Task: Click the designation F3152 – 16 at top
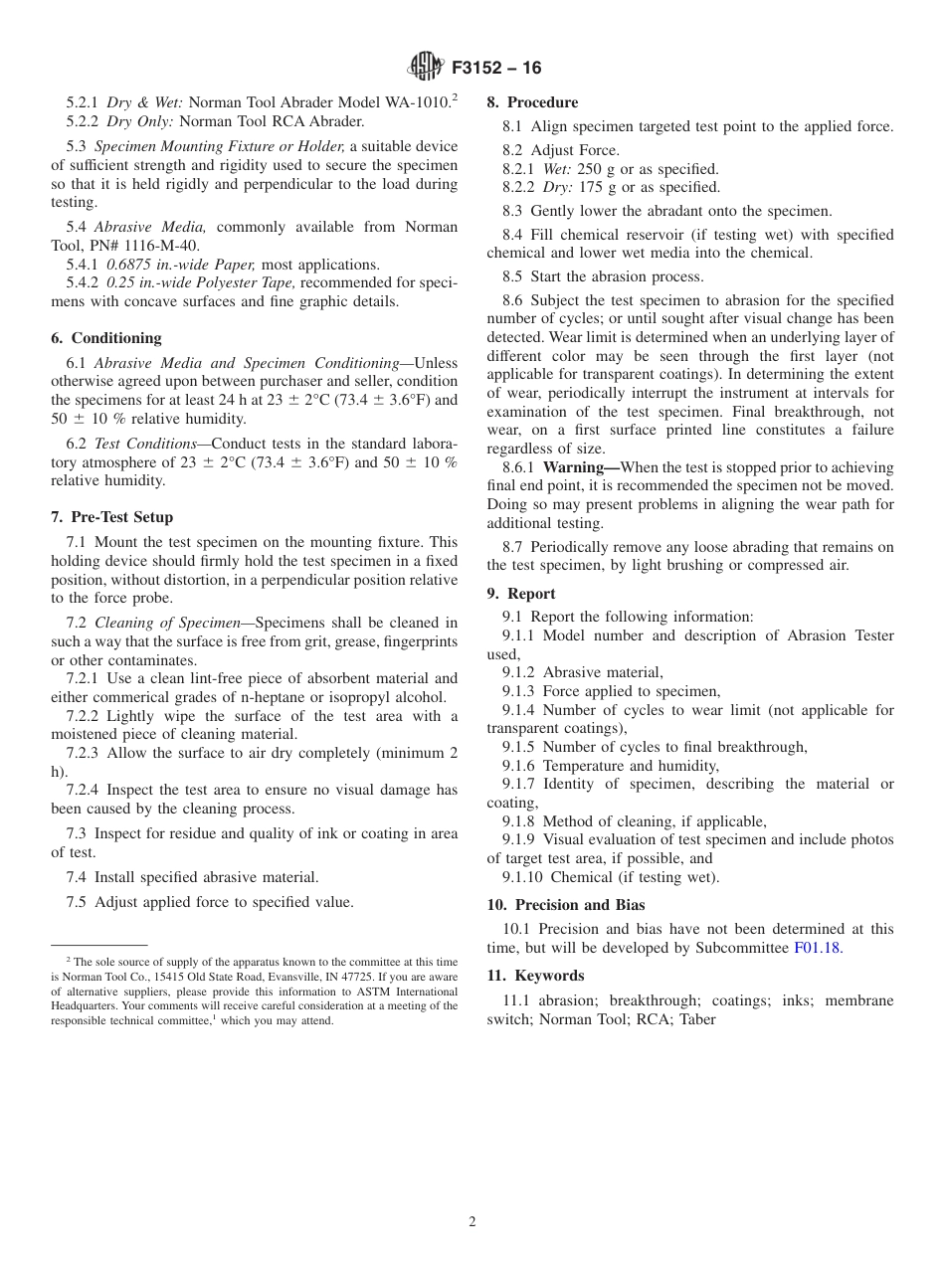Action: pyautogui.click(x=496, y=69)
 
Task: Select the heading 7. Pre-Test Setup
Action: pyautogui.click(x=111, y=517)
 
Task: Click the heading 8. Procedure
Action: pyautogui.click(x=532, y=102)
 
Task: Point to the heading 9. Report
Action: pyautogui.click(x=521, y=594)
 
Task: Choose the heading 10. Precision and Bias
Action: pyautogui.click(x=566, y=905)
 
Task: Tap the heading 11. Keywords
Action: pyautogui.click(x=535, y=976)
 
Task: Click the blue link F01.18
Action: pyautogui.click(x=817, y=948)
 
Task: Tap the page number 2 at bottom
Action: pyautogui.click(x=472, y=1222)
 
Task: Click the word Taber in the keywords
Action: pyautogui.click(x=696, y=1019)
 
